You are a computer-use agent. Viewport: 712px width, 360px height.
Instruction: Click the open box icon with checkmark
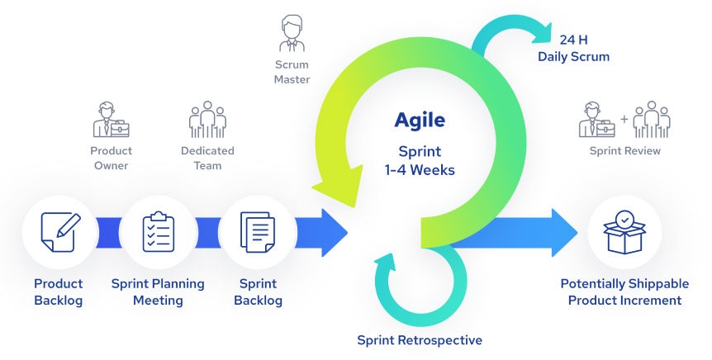pyautogui.click(x=624, y=232)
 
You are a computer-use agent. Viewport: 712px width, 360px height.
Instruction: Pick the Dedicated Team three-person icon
pyautogui.click(x=207, y=120)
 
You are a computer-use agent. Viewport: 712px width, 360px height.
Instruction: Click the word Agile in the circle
pyautogui.click(x=420, y=120)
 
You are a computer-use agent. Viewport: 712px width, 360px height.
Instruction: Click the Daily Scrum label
pyautogui.click(x=573, y=57)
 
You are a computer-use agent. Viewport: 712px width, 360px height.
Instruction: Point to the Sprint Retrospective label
pyautogui.click(x=420, y=340)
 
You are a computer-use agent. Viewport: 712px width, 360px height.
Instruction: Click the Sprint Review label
pyautogui.click(x=624, y=151)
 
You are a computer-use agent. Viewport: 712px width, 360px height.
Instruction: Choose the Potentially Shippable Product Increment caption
pyautogui.click(x=621, y=291)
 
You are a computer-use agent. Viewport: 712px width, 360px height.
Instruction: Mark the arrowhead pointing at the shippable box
pyautogui.click(x=563, y=232)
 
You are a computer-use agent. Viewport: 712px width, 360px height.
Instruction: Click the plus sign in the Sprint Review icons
pyautogui.click(x=624, y=120)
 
